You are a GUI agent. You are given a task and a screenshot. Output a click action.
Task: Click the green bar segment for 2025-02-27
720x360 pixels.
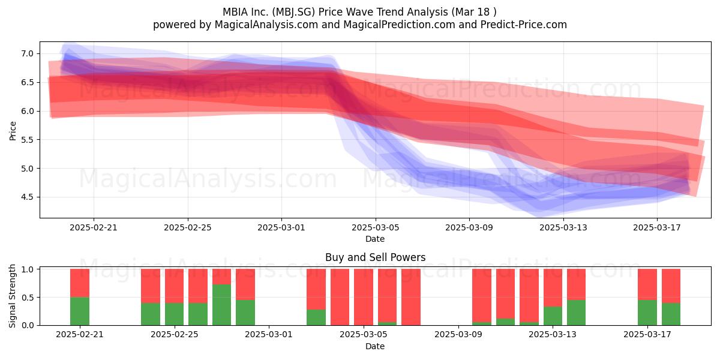(x=222, y=305)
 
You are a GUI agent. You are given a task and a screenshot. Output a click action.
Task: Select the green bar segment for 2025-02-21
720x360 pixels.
(x=80, y=311)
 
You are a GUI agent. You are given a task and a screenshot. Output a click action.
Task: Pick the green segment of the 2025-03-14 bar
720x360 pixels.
(x=577, y=313)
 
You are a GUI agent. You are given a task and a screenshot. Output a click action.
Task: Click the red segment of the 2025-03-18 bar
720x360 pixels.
(x=671, y=286)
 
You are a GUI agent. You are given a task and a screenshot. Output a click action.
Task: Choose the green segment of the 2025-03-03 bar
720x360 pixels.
(x=316, y=317)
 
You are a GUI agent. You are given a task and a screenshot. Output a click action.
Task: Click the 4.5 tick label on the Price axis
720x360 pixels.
(x=28, y=197)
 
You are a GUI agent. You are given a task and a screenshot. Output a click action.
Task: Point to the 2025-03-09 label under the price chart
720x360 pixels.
(x=469, y=227)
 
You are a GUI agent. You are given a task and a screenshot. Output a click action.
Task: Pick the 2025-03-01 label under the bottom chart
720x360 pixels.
(x=269, y=335)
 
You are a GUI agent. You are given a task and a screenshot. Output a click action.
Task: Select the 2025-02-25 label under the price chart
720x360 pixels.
(x=188, y=227)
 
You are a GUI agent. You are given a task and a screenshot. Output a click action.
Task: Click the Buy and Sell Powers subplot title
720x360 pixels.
(x=375, y=257)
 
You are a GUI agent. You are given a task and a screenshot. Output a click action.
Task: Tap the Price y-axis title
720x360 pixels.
(x=13, y=131)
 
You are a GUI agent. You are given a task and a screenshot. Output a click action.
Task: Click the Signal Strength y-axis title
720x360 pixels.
(x=12, y=296)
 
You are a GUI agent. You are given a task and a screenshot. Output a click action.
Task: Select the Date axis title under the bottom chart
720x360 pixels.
(x=375, y=346)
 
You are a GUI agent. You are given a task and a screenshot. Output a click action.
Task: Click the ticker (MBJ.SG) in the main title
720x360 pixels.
(x=293, y=12)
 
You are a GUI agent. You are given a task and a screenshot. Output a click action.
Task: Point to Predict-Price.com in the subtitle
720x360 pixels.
(x=524, y=25)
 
